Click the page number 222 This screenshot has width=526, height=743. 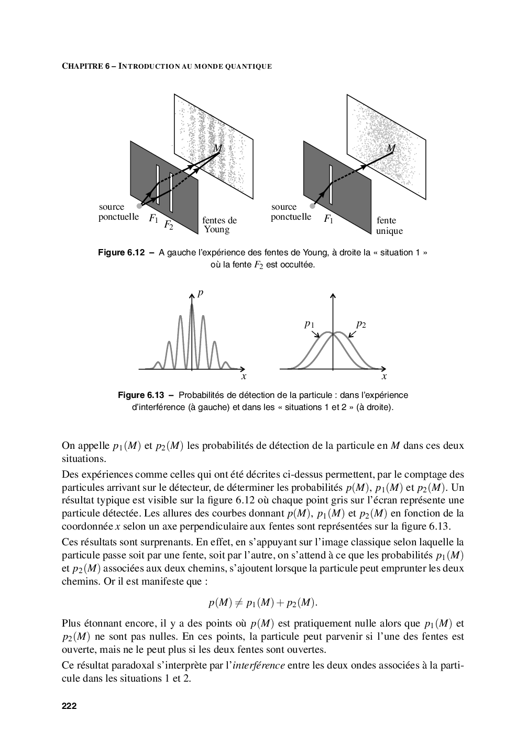pyautogui.click(x=69, y=706)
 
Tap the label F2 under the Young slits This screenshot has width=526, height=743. pyautogui.click(x=168, y=225)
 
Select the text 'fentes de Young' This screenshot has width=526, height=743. pyautogui.click(x=220, y=225)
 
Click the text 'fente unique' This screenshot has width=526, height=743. pyautogui.click(x=389, y=226)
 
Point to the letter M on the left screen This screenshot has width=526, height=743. pyautogui.click(x=218, y=148)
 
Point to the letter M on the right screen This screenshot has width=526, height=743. pyautogui.click(x=391, y=148)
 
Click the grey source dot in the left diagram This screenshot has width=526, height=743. pyautogui.click(x=139, y=206)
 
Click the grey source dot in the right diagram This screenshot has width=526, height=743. pyautogui.click(x=312, y=206)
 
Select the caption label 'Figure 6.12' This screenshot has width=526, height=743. pyautogui.click(x=121, y=253)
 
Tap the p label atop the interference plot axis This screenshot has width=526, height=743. pyautogui.click(x=200, y=293)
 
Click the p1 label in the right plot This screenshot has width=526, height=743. pyautogui.click(x=309, y=325)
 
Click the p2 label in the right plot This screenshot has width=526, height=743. pyautogui.click(x=361, y=325)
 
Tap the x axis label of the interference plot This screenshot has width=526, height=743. pyautogui.click(x=244, y=376)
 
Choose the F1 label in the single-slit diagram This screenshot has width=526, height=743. pyautogui.click(x=328, y=219)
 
